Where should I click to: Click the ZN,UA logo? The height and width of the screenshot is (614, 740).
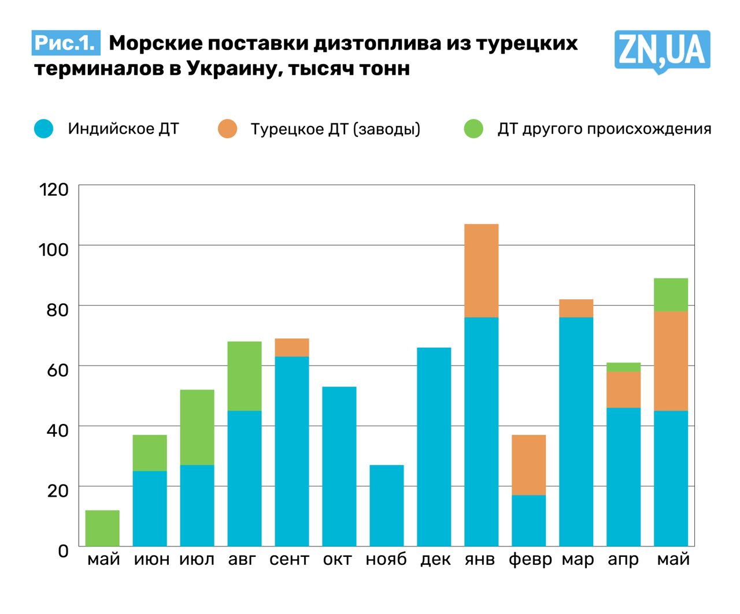662,51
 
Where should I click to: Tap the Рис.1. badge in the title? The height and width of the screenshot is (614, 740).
66,43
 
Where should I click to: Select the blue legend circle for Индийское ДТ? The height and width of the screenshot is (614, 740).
44,129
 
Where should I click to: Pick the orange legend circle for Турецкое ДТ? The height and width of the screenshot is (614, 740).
228,129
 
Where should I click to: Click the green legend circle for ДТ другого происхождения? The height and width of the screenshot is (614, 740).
473,129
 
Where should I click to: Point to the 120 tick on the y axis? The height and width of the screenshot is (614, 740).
54,189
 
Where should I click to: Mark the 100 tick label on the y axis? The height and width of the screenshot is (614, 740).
54,250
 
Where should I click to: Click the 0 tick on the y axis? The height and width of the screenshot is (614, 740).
63,550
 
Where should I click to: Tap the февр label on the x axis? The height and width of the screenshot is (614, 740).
530,560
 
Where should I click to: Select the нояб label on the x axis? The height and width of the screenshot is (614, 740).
386,560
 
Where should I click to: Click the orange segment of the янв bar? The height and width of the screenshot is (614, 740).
482,271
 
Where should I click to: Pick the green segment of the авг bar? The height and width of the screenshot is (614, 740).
245,376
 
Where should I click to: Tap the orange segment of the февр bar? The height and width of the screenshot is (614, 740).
529,465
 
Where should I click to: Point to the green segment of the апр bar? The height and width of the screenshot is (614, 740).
624,367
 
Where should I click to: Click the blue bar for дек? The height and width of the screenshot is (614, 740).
434,446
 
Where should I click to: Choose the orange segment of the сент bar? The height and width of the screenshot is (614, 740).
292,348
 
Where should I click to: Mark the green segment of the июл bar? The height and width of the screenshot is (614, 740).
197,427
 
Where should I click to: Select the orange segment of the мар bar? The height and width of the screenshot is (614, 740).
576,308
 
